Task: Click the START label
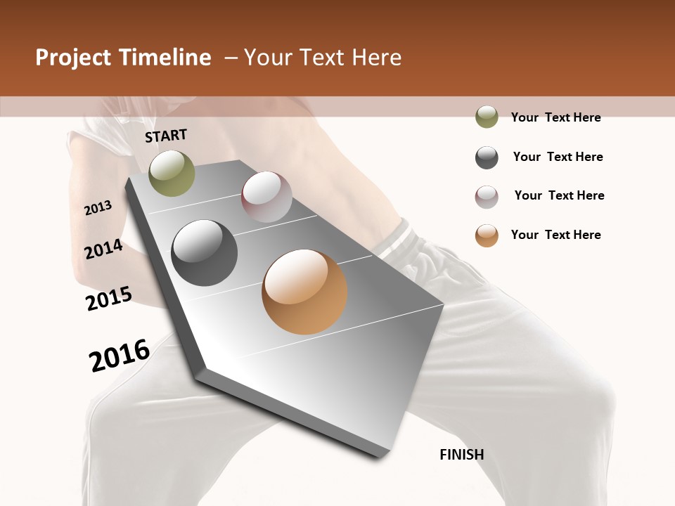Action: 166,136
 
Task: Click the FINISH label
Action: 461,455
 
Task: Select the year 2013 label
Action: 98,207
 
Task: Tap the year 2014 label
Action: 103,249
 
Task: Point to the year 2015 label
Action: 109,298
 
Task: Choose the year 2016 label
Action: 120,356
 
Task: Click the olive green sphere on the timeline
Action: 172,173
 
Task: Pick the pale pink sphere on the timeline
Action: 266,197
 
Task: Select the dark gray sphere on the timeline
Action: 205,253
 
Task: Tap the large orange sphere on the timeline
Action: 304,292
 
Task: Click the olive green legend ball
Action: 487,117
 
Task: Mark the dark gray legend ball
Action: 487,157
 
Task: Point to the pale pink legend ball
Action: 487,197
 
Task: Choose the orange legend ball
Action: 487,235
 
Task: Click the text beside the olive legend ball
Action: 555,117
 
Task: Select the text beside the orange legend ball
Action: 555,235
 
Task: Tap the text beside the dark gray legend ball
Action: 558,157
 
